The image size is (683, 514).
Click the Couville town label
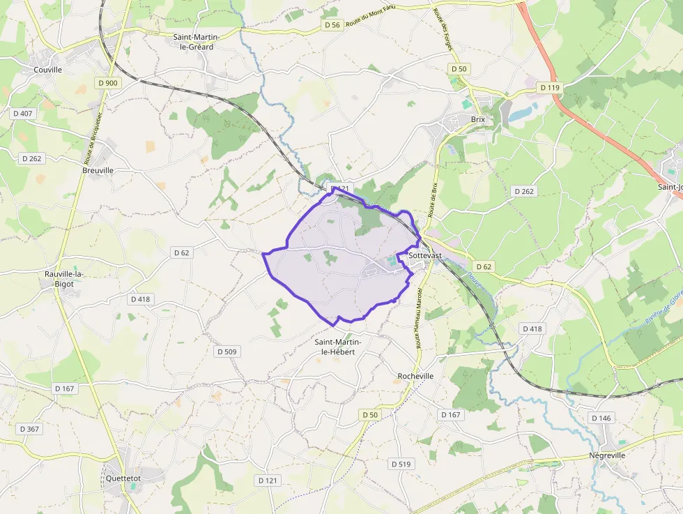click(48, 70)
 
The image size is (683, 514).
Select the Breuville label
click(98, 170)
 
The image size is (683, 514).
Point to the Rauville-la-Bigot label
click(64, 279)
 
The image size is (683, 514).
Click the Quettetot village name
click(123, 478)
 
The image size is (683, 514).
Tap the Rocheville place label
click(415, 376)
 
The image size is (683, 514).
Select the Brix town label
click(477, 119)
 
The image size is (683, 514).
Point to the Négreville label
click(607, 455)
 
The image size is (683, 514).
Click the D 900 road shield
click(109, 83)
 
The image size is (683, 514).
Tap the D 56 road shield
click(332, 25)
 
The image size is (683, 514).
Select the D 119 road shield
click(549, 87)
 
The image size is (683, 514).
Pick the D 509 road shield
click(227, 352)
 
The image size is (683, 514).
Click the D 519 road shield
click(401, 464)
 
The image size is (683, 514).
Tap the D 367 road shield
click(29, 429)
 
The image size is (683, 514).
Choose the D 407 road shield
click(22, 113)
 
